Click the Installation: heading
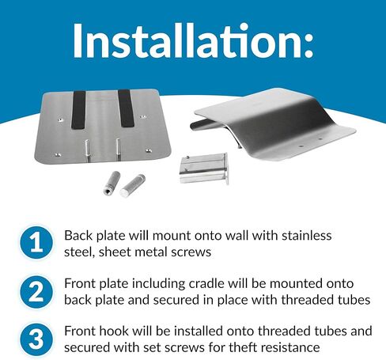193,40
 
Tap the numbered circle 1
36,242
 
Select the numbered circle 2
36,292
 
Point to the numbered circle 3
36,339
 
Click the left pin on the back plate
87,151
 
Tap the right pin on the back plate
119,149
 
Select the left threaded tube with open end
112,183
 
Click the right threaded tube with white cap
132,185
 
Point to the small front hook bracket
204,169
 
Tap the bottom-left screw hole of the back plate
57,154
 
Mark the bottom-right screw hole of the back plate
149,151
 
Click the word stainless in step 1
307,236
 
